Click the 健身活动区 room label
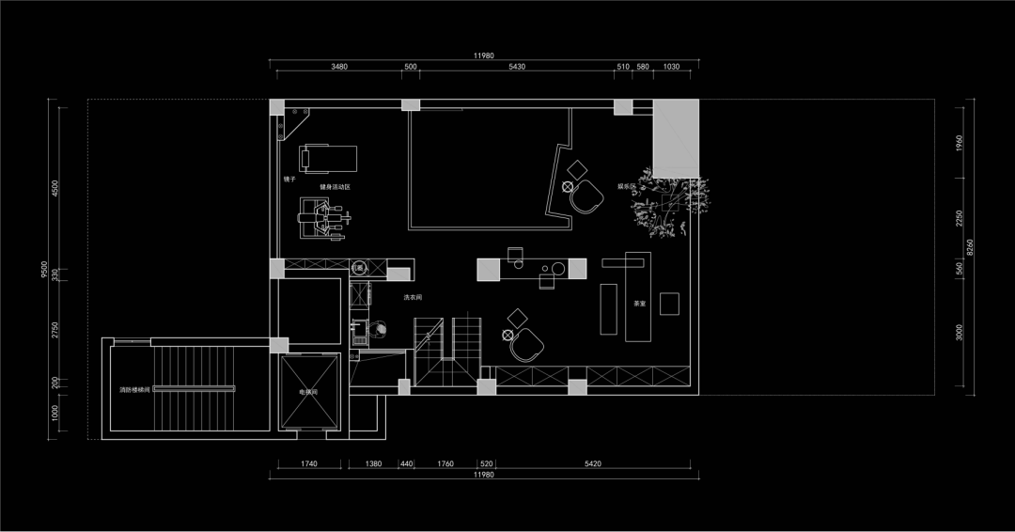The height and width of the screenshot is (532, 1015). coord(335,187)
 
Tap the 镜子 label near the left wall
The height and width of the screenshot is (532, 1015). coord(289,178)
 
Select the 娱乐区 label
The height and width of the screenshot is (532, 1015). coord(627,186)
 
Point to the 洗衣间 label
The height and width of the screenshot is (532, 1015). coord(413,297)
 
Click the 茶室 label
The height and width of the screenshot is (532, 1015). coord(639,304)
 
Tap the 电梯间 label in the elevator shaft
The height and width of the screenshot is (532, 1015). coord(309,391)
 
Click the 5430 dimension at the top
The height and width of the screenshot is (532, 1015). coord(516,67)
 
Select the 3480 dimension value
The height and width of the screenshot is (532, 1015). coord(339,67)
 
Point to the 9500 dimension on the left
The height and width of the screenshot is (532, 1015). coord(44,270)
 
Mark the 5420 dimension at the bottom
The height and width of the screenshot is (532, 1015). coord(593,463)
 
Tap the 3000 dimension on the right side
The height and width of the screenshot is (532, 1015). coord(959,332)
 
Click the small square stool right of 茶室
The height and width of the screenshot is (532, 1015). coord(669,303)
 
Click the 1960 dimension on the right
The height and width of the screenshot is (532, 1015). coord(959,143)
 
